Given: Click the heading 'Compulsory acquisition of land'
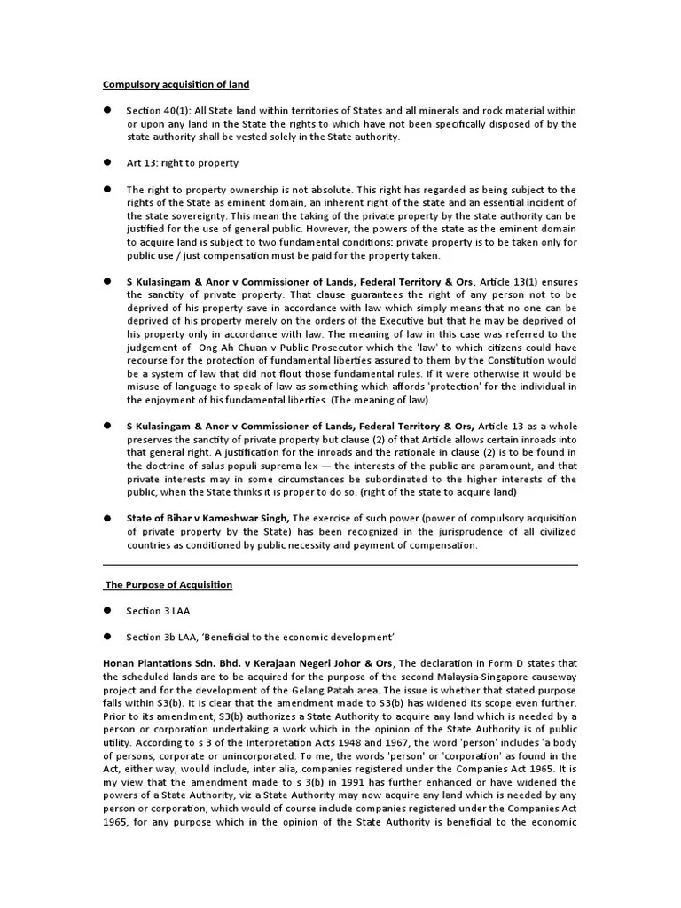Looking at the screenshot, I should pos(176,84).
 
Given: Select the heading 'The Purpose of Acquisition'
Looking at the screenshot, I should pos(168,584).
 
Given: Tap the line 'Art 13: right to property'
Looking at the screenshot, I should pos(183,163).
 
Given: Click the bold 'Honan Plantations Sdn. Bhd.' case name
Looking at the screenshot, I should pos(169,662).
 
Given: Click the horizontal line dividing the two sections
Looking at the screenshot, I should pos(340,564).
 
